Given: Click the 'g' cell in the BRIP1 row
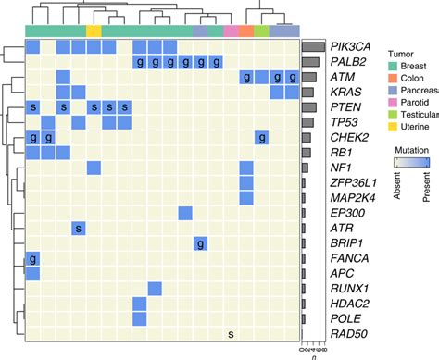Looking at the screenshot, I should click(200, 243).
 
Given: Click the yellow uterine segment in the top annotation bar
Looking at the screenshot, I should click(94, 31).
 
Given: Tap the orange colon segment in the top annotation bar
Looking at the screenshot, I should click(245, 31).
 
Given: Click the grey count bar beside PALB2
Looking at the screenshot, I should click(310, 62).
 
